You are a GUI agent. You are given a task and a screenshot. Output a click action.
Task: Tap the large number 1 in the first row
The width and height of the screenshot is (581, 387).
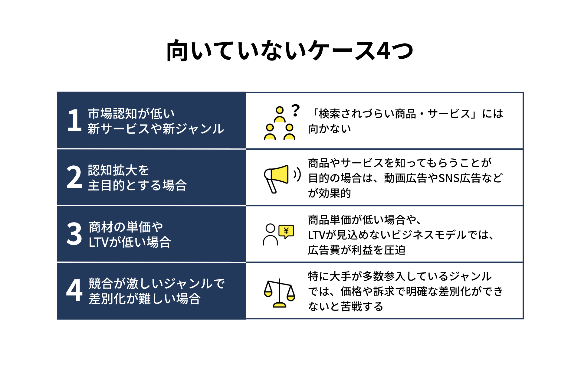[74, 120]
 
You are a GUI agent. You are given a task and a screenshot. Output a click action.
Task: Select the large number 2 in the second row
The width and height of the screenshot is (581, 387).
[74, 177]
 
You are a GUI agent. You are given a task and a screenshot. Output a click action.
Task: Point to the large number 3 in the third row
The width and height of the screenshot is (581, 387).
[74, 233]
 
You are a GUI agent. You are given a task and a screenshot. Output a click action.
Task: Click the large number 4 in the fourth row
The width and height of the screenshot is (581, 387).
[74, 290]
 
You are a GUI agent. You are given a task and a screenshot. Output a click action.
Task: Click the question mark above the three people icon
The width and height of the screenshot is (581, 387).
[295, 110]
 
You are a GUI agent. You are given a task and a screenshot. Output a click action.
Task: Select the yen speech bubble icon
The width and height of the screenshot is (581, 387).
[286, 232]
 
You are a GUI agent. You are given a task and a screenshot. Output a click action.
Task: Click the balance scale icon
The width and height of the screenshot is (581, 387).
[279, 293]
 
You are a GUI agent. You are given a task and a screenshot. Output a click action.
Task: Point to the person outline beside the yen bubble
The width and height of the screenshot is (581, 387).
[270, 235]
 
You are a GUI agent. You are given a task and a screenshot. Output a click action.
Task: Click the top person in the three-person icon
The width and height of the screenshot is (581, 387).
[280, 114]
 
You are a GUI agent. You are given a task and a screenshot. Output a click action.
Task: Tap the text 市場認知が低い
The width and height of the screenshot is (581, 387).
[131, 114]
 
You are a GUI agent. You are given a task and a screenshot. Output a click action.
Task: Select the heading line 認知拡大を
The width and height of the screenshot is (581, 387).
[119, 170]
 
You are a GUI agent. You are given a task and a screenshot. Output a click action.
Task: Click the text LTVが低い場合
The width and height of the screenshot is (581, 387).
[130, 242]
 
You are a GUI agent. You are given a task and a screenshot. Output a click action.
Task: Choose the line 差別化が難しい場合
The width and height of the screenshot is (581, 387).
[145, 299]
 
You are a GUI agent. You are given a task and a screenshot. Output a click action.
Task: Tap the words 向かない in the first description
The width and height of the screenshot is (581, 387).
[330, 129]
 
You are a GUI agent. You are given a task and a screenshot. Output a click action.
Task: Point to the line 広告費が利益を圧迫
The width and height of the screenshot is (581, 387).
[356, 250]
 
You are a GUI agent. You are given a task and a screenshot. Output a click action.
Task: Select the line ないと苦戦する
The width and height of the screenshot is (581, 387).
[346, 307]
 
